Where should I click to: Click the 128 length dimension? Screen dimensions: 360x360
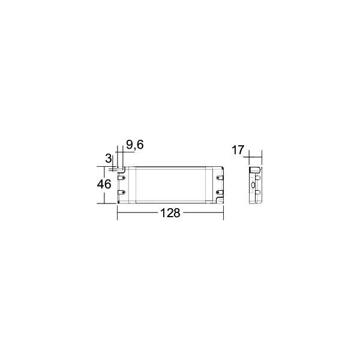click(171, 214)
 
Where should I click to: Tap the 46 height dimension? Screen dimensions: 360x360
click(104, 184)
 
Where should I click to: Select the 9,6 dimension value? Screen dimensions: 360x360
click(135, 145)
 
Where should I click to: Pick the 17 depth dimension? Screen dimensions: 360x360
click(238, 150)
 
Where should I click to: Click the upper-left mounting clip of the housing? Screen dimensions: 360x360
click(122, 177)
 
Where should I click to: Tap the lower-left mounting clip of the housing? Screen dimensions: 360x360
click(122, 193)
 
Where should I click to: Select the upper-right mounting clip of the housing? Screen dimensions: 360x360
click(219, 177)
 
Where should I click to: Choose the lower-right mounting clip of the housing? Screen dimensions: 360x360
click(219, 193)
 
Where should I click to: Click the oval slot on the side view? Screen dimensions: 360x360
click(253, 186)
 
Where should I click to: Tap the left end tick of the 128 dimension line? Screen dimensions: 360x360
click(117, 213)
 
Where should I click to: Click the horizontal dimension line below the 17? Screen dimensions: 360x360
click(256, 157)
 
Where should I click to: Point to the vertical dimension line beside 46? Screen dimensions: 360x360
click(114, 185)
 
